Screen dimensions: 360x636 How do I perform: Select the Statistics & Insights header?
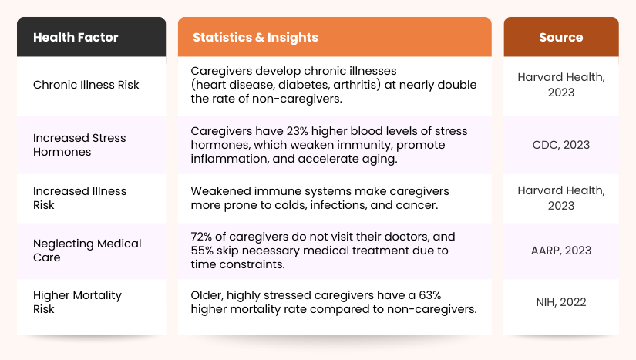(255, 37)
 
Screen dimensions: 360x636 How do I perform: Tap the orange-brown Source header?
(560, 37)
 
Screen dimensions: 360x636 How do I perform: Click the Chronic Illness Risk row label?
(86, 85)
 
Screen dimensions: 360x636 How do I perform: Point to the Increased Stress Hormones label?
(79, 145)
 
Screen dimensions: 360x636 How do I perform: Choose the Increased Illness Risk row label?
(79, 198)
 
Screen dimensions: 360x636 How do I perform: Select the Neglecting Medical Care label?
(87, 251)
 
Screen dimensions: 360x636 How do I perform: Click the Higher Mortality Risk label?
(77, 302)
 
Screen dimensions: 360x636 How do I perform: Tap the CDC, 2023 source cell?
(560, 145)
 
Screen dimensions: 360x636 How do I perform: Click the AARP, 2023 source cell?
(560, 251)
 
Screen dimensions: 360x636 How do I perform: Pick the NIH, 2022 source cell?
(560, 302)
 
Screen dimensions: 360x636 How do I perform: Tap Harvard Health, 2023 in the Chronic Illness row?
(560, 85)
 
